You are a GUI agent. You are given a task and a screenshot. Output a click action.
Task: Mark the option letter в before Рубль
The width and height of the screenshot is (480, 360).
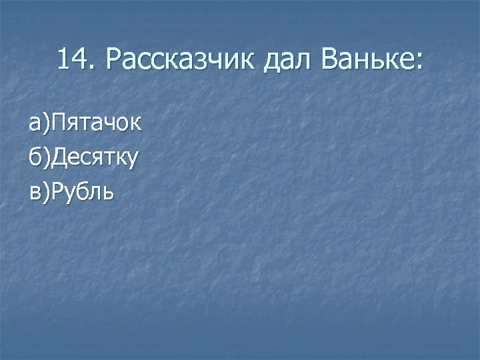click(x=33, y=193)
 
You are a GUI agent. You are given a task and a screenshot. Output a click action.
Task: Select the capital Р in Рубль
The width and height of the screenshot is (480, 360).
click(x=57, y=192)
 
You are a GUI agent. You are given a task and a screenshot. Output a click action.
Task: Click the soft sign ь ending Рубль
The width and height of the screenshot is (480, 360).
click(x=109, y=193)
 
